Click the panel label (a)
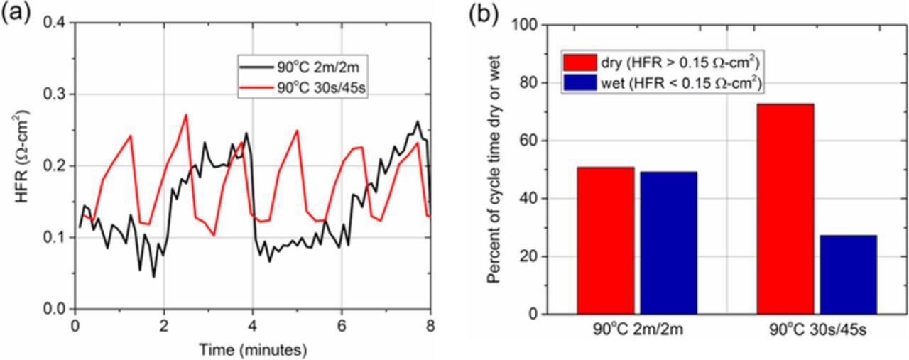pos(16,14)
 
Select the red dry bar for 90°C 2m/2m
pos(605,241)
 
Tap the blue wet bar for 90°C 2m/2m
pos(668,243)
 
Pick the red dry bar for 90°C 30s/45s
pos(785,209)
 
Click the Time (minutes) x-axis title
pos(253,349)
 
